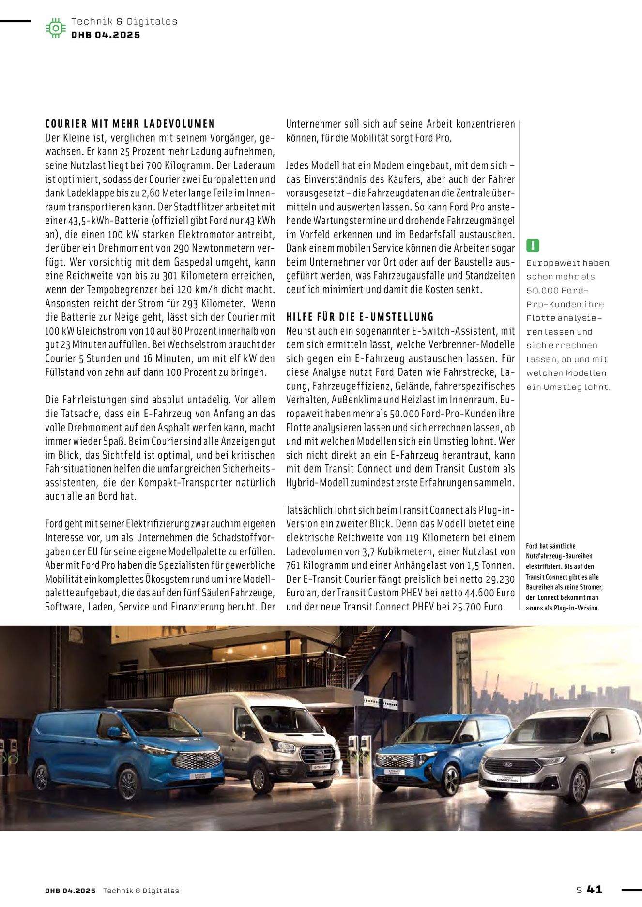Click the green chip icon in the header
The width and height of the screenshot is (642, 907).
[x=56, y=29]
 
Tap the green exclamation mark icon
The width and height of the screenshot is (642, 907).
[x=533, y=245]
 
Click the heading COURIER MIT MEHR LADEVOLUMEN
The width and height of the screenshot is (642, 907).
[x=130, y=124]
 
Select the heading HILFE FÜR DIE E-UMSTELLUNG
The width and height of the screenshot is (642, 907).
[x=360, y=317]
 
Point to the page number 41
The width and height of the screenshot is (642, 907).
[x=595, y=889]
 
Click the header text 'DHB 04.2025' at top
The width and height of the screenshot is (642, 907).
[x=106, y=35]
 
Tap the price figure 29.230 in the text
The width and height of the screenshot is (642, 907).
[x=500, y=579]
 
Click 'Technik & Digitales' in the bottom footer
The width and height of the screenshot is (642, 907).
[x=141, y=891]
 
